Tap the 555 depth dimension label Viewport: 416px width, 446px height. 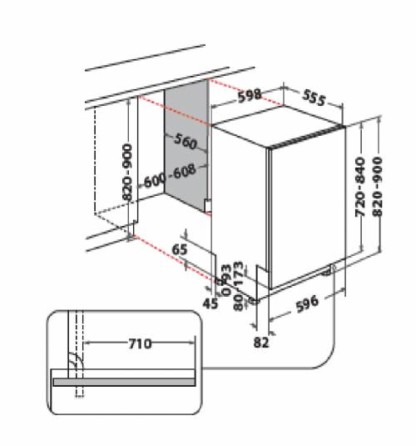(312, 98)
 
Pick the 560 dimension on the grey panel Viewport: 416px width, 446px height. (185, 143)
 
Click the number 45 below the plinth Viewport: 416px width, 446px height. (210, 303)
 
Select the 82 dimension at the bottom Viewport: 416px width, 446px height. (261, 341)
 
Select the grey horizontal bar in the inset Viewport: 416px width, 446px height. (126, 380)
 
